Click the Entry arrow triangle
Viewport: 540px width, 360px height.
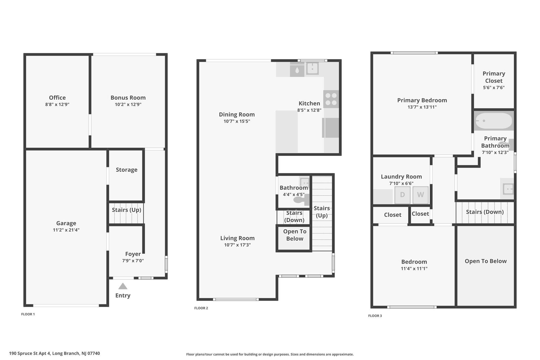click(x=123, y=286)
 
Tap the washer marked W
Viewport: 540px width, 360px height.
click(x=420, y=195)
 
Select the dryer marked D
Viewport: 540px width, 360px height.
click(x=402, y=195)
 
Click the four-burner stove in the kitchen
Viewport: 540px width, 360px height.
click(x=331, y=99)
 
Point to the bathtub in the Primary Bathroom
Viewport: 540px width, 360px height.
click(x=494, y=121)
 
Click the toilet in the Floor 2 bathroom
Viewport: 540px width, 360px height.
click(x=301, y=199)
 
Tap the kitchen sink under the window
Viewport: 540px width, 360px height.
click(x=312, y=69)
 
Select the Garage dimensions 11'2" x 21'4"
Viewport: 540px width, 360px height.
click(x=66, y=230)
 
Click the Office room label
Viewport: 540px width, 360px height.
click(x=57, y=98)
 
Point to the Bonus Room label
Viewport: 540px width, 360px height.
click(x=128, y=98)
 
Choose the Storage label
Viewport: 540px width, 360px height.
click(x=127, y=170)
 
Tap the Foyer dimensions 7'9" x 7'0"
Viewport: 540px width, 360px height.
click(x=133, y=261)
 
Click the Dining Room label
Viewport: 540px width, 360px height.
click(x=237, y=114)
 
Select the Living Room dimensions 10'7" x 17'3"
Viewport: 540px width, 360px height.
click(x=237, y=245)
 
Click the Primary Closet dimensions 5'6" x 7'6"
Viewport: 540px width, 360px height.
click(x=494, y=88)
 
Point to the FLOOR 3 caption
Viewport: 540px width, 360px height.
click(x=375, y=316)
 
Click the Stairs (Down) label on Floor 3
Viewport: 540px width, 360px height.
click(x=485, y=212)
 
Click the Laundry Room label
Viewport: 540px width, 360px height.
click(x=401, y=177)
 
